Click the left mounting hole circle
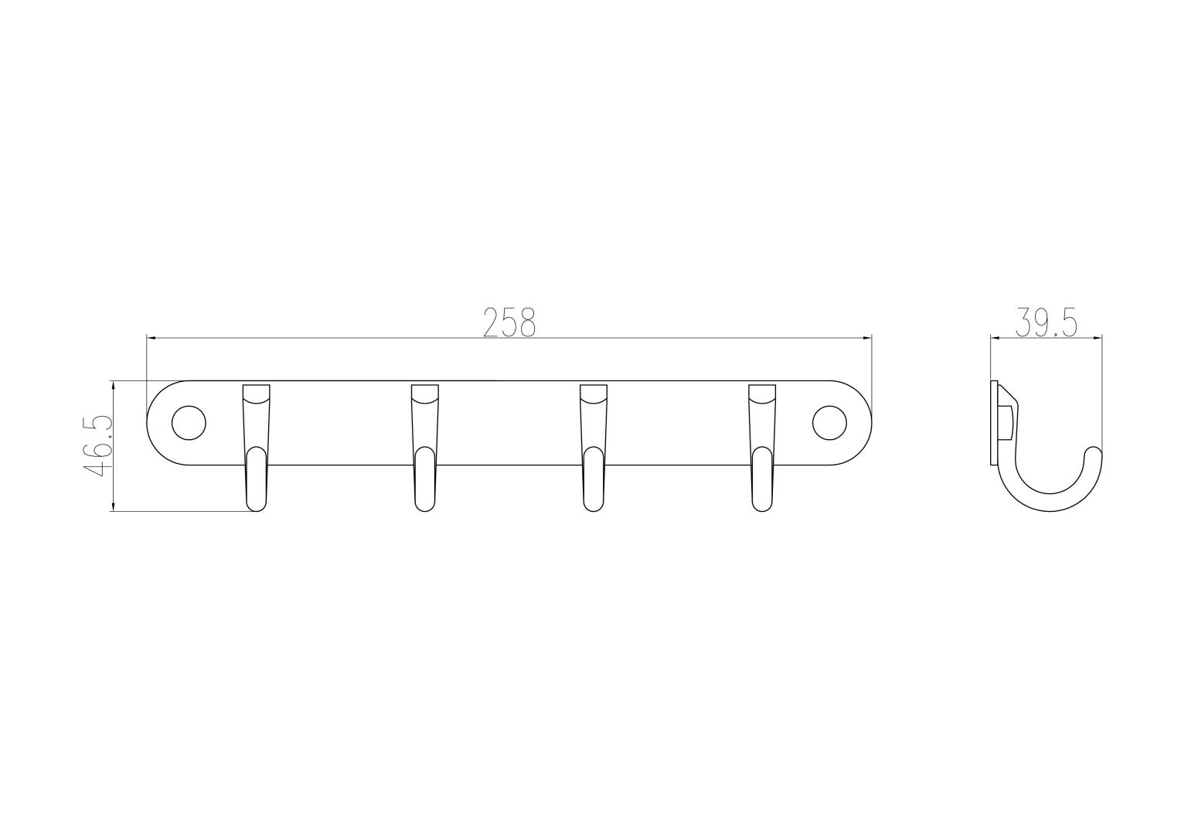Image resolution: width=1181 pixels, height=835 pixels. pos(189,423)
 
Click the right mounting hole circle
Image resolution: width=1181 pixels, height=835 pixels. pos(829,423)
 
